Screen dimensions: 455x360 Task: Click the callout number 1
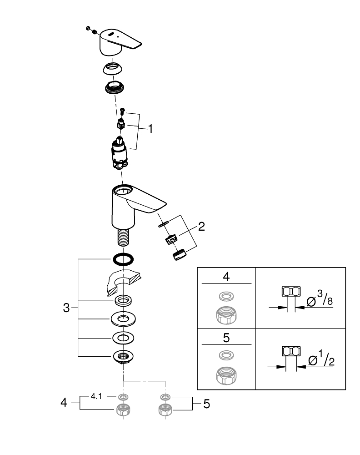click(150, 129)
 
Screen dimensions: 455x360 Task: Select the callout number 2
click(201, 227)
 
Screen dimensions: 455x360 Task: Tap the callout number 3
click(66, 308)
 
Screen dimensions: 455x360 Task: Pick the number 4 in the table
click(226, 277)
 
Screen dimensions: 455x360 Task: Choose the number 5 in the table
click(226, 339)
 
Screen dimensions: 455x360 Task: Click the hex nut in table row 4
click(226, 314)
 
